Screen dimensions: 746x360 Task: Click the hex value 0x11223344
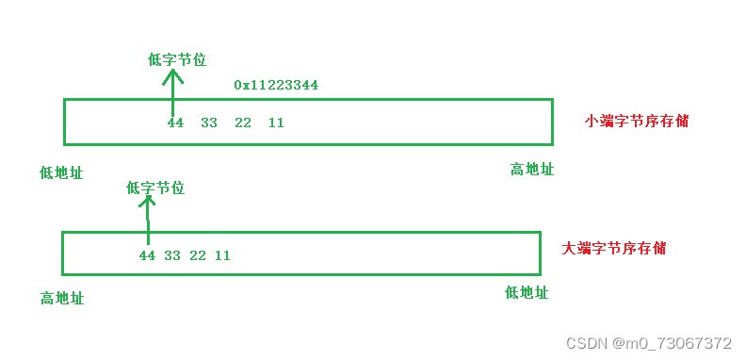(x=276, y=85)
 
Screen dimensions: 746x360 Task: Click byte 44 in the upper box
(x=175, y=123)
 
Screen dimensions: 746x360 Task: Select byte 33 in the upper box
(x=209, y=123)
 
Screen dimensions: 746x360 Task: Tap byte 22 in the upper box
(x=243, y=123)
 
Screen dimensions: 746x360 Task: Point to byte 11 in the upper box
(x=276, y=123)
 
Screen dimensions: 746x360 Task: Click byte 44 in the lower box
(x=147, y=255)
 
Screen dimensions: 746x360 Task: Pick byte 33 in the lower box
(x=172, y=255)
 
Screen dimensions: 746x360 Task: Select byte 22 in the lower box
(x=198, y=255)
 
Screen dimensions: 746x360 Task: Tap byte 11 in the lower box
(x=222, y=255)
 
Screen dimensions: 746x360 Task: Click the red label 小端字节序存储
(x=631, y=121)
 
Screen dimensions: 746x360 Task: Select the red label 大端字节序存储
(x=614, y=248)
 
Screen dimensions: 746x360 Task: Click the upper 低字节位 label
(x=177, y=59)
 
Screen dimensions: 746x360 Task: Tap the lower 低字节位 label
(x=154, y=188)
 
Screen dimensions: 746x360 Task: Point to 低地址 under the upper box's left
(x=61, y=172)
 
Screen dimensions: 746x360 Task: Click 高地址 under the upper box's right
(x=532, y=169)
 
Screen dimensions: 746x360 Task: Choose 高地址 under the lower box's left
(x=62, y=298)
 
